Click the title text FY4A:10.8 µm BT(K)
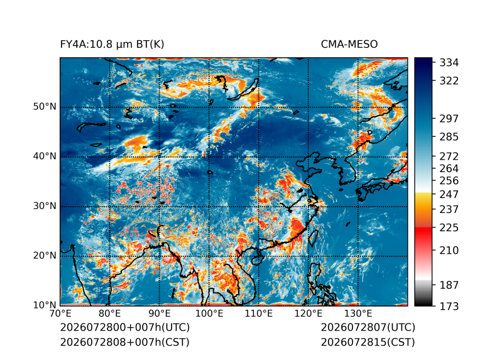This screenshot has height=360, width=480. (x=112, y=45)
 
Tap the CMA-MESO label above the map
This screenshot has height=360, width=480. (x=349, y=45)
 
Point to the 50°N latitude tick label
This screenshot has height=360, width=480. (x=45, y=107)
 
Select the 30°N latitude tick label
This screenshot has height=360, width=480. (x=45, y=206)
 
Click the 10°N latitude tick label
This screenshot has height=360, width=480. (x=45, y=305)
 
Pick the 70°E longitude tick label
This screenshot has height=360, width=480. (x=60, y=314)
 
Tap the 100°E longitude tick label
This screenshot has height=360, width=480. (x=209, y=314)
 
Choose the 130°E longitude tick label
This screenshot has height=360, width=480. (x=358, y=314)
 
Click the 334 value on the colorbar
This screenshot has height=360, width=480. (x=449, y=63)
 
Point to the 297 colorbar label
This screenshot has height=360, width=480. (x=449, y=119)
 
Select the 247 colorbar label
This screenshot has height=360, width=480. (x=449, y=194)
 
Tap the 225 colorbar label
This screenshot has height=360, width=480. (x=449, y=228)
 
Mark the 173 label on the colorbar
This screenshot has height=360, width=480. (x=449, y=306)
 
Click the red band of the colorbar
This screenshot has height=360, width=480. (x=423, y=236)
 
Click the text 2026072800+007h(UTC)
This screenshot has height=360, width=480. (x=125, y=327)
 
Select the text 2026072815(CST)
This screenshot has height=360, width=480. (x=368, y=342)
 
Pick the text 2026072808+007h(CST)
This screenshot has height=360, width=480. (x=124, y=342)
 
